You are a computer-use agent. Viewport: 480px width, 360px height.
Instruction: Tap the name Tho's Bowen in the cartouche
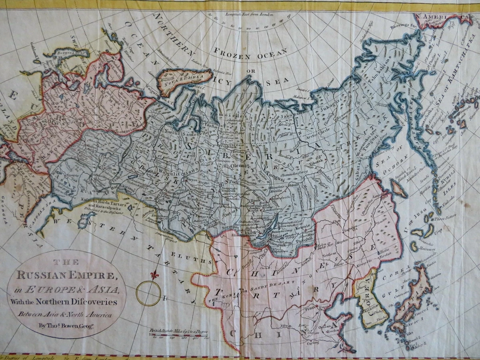tap(60, 325)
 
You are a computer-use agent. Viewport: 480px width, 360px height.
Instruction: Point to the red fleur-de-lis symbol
tap(154, 275)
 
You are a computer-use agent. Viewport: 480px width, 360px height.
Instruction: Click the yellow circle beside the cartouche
tap(148, 293)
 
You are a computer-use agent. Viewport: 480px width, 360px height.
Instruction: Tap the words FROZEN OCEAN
tap(250, 54)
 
